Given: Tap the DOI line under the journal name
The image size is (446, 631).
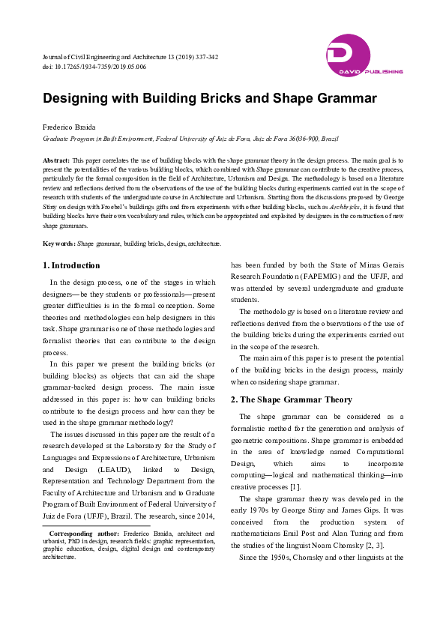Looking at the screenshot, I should (94, 67).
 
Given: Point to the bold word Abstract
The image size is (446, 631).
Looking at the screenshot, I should (56, 160).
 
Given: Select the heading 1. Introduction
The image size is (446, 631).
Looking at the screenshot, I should (71, 265).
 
